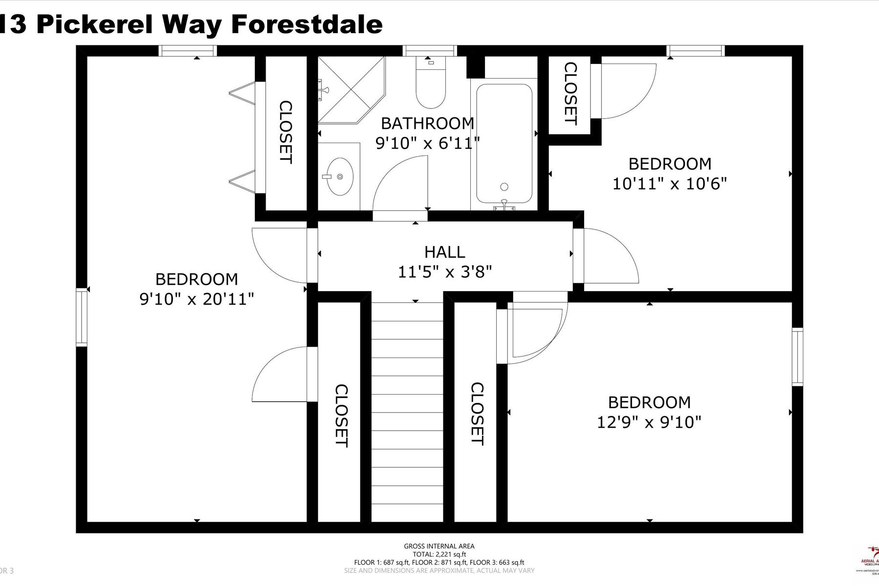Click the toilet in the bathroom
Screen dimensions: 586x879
pyautogui.click(x=430, y=88)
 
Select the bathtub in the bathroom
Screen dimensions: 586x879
pyautogui.click(x=504, y=144)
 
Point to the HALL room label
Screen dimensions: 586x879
pyautogui.click(x=444, y=252)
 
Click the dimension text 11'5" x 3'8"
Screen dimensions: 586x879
pyautogui.click(x=444, y=272)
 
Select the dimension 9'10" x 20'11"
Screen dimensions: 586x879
pyautogui.click(x=197, y=299)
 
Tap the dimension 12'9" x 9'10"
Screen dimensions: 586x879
pyautogui.click(x=649, y=422)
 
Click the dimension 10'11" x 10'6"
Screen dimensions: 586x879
pyautogui.click(x=670, y=184)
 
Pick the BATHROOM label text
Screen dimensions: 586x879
pyautogui.click(x=427, y=123)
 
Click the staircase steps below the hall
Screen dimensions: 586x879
pyautogui.click(x=407, y=410)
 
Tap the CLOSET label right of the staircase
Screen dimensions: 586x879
pyautogui.click(x=477, y=414)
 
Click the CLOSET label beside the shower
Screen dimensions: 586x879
pyautogui.click(x=285, y=132)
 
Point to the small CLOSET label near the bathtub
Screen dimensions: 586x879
pyautogui.click(x=570, y=94)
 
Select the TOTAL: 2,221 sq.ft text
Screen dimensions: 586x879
pyautogui.click(x=439, y=554)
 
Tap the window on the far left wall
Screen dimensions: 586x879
pyautogui.click(x=82, y=317)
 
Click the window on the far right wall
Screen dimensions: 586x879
pyautogui.click(x=797, y=357)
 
